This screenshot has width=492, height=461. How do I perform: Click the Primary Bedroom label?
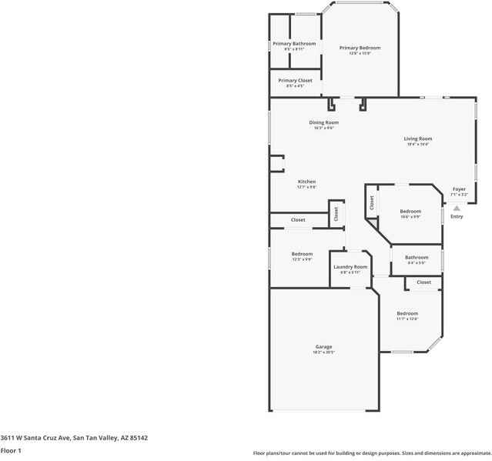point(360,48)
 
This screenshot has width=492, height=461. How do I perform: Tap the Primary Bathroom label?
point(294,44)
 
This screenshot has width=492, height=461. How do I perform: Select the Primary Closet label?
point(295,80)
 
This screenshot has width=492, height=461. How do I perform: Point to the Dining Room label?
point(323,122)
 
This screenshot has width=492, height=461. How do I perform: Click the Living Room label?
point(418,139)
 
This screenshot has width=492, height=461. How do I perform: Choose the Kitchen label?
point(307,182)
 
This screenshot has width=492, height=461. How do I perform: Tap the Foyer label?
point(459,189)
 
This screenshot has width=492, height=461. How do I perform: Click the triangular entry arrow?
point(457,207)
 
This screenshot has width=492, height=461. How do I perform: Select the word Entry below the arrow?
point(457,216)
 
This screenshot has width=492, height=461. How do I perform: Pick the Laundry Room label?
point(350,266)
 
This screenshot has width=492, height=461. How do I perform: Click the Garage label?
point(323,346)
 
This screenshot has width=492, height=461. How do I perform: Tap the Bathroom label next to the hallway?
point(417,257)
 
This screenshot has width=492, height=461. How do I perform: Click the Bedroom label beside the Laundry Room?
point(302,254)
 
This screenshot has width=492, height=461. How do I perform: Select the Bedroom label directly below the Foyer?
point(410,211)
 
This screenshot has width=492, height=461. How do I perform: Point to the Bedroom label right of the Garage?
point(407,313)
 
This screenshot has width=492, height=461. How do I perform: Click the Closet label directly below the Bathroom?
point(423,282)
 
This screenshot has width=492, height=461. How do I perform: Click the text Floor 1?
point(11,450)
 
